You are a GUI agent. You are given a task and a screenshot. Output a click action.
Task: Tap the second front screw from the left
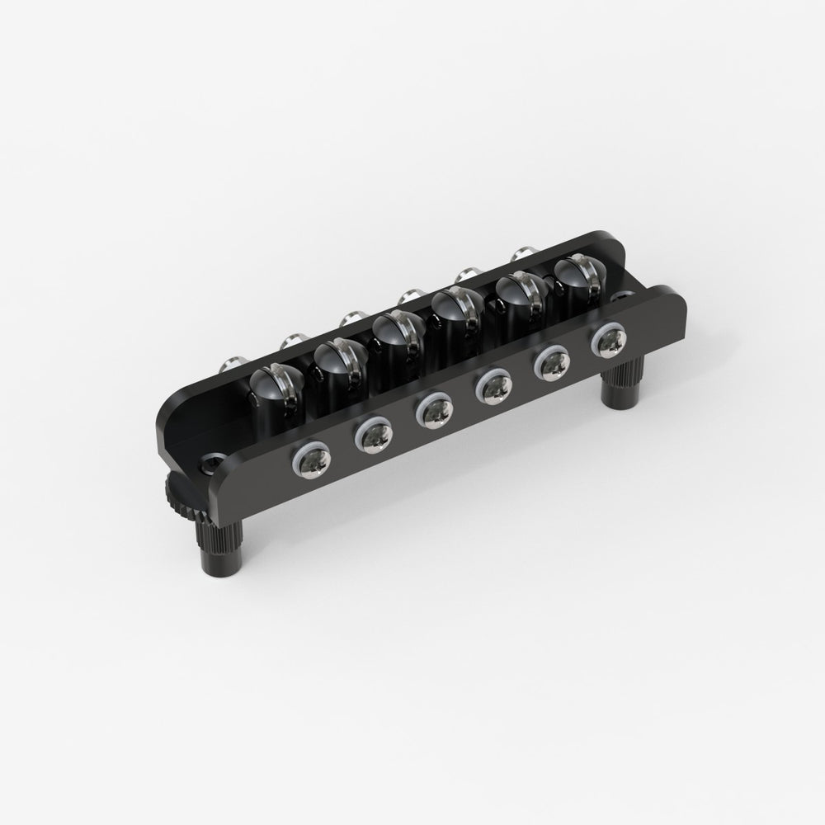(371, 437)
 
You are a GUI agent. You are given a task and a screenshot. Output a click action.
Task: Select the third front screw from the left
(432, 410)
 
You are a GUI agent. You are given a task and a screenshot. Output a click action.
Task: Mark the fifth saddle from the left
(520, 295)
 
